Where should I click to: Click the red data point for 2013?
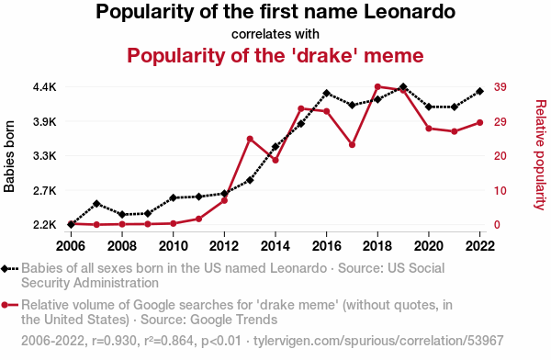(x=250, y=140)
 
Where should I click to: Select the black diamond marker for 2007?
(x=96, y=204)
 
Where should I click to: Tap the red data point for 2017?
(x=352, y=145)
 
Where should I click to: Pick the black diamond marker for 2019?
(x=403, y=87)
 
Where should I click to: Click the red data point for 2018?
(x=377, y=87)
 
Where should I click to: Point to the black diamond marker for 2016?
(x=326, y=93)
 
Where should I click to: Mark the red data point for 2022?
(x=479, y=123)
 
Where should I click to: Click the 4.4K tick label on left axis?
(x=45, y=87)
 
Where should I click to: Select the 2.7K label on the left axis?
(x=45, y=191)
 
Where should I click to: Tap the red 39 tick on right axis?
(x=500, y=87)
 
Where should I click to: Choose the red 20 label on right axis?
(x=500, y=156)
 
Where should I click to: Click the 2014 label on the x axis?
(x=275, y=246)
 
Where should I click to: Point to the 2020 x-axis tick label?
(x=428, y=246)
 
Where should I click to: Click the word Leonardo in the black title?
(x=410, y=12)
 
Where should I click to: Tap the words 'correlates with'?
(x=275, y=34)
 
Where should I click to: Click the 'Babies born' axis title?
(x=9, y=156)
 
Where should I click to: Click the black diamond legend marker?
(x=5, y=269)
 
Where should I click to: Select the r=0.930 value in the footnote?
(x=114, y=341)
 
